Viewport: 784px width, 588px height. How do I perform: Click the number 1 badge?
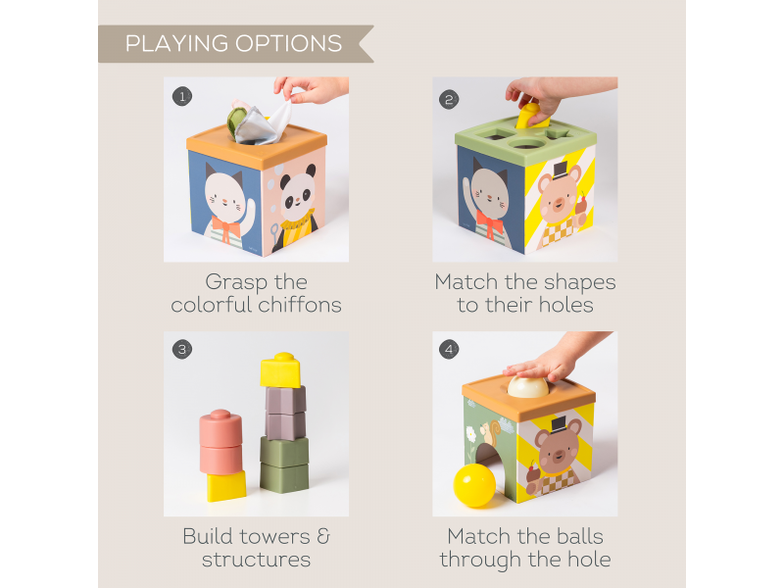click(181, 96)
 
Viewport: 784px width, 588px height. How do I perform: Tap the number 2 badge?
click(450, 98)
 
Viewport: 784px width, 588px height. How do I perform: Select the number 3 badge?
click(181, 349)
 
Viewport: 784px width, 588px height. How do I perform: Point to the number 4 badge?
click(450, 349)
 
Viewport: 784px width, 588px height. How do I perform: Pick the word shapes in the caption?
click(573, 282)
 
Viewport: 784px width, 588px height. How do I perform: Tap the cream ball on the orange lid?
click(528, 385)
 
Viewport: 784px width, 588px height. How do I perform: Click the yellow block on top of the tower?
click(280, 369)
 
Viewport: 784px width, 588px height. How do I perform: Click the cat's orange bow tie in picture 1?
click(225, 229)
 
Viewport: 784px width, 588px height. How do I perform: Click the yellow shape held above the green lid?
click(533, 116)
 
